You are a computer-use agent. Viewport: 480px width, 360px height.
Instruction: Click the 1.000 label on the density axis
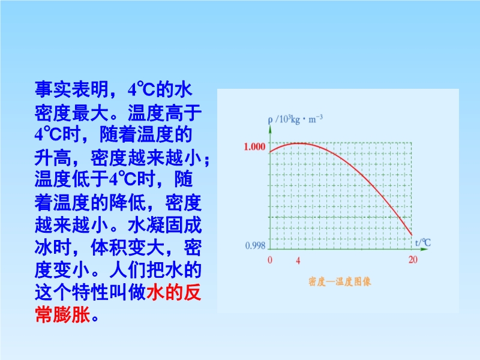[254, 146]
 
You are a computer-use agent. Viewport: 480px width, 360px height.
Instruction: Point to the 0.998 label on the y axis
[256, 245]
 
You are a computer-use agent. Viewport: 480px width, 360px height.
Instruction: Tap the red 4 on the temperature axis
[298, 260]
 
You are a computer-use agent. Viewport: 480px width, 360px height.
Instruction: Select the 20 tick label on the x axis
[413, 260]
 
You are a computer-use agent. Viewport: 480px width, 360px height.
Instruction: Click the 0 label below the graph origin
[269, 260]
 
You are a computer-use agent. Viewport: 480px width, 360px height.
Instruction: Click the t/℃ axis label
[423, 243]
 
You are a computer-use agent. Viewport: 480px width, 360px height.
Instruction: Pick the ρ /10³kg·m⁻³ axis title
[295, 119]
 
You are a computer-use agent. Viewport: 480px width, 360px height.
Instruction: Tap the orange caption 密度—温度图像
[340, 281]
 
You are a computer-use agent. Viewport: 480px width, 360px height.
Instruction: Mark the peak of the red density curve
[298, 143]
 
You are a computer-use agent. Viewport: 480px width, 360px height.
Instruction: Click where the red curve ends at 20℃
[412, 235]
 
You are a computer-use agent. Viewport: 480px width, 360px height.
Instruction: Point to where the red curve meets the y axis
[269, 152]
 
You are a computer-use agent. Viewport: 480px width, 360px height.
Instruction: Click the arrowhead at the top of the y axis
[270, 128]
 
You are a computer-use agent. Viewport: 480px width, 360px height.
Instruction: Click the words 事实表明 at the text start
[71, 89]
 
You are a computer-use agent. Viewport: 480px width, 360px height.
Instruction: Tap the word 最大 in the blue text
[91, 112]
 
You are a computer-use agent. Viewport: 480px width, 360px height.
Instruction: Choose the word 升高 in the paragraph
[53, 158]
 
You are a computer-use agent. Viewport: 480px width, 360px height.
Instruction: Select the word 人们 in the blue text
[128, 270]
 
